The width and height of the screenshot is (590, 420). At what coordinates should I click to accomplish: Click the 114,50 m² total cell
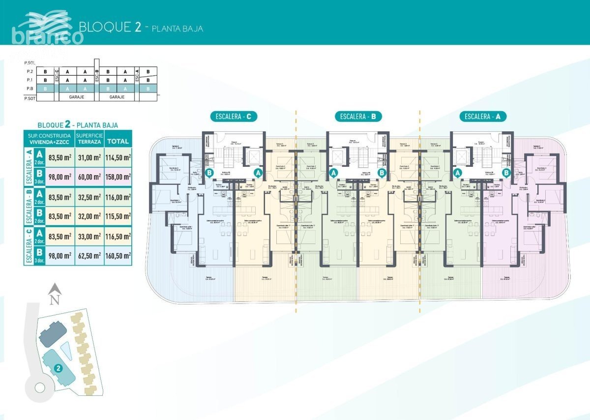click(x=118, y=157)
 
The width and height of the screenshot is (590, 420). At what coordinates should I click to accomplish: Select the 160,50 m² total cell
click(x=118, y=255)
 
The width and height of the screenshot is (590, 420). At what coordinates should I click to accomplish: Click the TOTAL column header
click(x=118, y=141)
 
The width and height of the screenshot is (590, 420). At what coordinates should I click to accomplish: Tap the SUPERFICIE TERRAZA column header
click(x=89, y=138)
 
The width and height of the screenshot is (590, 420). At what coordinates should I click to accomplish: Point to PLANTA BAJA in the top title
click(x=177, y=29)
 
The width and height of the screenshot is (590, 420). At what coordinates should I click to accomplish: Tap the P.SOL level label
click(x=30, y=63)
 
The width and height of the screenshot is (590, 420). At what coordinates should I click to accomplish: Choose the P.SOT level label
click(x=30, y=98)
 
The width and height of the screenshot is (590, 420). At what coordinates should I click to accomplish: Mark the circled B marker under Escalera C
click(x=210, y=173)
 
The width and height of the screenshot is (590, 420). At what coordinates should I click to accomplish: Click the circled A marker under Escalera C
click(x=257, y=173)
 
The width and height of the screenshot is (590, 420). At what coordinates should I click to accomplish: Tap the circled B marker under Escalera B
click(x=382, y=173)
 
